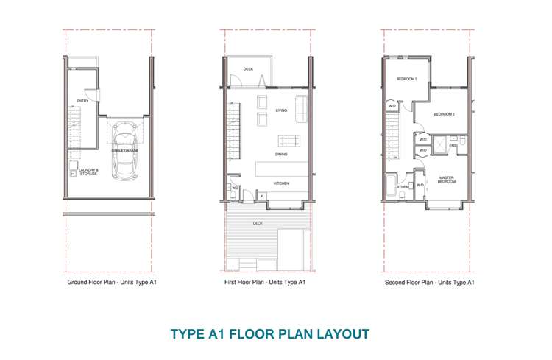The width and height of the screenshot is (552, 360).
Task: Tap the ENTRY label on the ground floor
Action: [82, 101]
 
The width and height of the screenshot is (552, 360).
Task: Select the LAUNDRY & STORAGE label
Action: [88, 172]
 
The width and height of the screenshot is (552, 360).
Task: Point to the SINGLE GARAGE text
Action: [125, 150]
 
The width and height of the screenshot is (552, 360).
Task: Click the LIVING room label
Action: [281, 110]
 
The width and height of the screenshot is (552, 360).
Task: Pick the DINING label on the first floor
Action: [281, 155]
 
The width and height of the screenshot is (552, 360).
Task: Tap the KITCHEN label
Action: [281, 183]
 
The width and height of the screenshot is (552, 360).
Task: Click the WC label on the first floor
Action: [234, 188]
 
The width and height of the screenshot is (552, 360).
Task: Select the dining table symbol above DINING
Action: [289, 140]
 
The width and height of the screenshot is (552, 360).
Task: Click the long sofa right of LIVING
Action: [301, 109]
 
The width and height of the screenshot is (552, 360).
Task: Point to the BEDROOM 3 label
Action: [407, 79]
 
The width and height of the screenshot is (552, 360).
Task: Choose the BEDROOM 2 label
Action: [444, 114]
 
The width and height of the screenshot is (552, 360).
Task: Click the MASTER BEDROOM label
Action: [446, 180]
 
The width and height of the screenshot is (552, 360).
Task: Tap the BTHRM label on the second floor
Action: [403, 187]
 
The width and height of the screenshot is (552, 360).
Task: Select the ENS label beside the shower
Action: [453, 146]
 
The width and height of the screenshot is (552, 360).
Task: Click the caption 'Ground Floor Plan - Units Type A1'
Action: [112, 282]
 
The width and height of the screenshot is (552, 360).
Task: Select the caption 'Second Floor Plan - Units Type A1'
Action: [429, 282]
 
